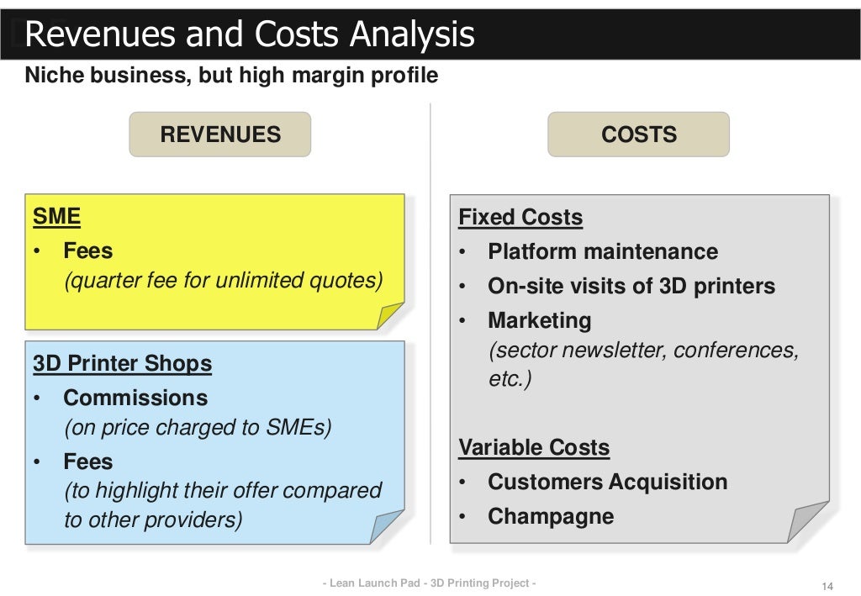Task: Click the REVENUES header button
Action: pos(219,134)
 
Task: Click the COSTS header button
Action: pos(638,134)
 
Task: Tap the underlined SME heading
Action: pos(56,217)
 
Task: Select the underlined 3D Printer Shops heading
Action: pos(122,364)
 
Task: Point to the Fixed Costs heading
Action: pos(520,218)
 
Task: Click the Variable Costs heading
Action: pos(533,448)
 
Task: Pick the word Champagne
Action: pos(550,516)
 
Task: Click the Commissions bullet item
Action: pos(135,398)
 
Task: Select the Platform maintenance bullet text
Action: pos(602,252)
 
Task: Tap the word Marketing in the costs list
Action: pos(539,320)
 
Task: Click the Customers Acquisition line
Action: pos(607,483)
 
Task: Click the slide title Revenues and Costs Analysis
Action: pos(250,35)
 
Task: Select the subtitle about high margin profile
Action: pos(231,76)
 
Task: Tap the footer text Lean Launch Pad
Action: pos(430,583)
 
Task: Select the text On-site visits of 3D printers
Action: pos(631,287)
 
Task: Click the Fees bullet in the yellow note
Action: pos(87,251)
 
